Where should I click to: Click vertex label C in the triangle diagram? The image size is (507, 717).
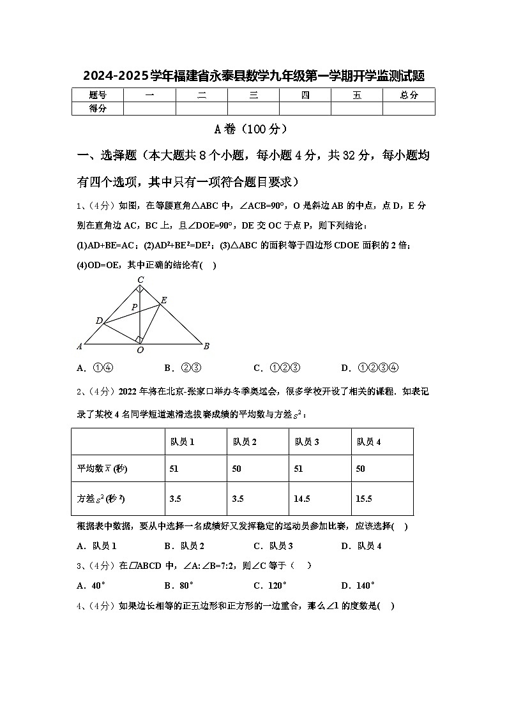click(x=140, y=280)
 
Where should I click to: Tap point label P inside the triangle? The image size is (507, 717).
click(x=134, y=307)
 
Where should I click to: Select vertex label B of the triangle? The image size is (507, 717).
click(x=206, y=346)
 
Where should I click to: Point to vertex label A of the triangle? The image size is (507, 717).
click(x=80, y=346)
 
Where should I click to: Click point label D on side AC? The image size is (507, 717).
click(x=99, y=321)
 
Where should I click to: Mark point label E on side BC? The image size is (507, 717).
click(x=163, y=300)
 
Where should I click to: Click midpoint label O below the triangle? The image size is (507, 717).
click(x=140, y=350)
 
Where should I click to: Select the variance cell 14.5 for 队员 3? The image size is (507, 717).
click(x=302, y=499)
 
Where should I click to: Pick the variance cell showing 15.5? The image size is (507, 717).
click(x=364, y=499)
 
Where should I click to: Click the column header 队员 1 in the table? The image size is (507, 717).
click(x=183, y=441)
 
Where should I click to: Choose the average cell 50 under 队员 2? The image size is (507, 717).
click(x=236, y=469)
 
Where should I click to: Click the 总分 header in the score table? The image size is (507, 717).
click(x=409, y=95)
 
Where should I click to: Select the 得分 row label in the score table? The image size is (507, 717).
click(x=98, y=109)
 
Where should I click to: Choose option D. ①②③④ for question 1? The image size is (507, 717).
click(x=370, y=368)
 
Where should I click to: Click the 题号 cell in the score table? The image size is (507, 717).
click(x=98, y=95)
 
